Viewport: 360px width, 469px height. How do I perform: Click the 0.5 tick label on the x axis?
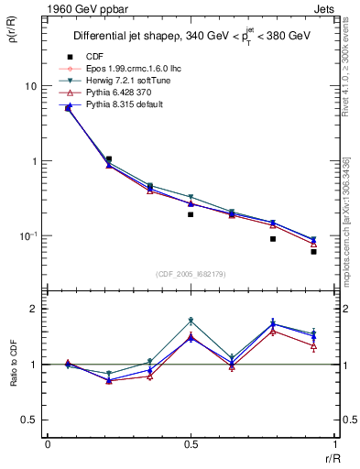coord(191,446)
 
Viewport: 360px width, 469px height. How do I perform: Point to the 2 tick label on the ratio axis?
coord(33,310)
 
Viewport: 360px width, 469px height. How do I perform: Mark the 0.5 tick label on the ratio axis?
coord(29,420)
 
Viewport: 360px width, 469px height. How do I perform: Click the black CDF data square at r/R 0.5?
coord(191,214)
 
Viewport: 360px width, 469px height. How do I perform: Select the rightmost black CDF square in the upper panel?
coord(313,251)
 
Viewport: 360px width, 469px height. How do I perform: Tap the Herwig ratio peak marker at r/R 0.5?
coord(191,321)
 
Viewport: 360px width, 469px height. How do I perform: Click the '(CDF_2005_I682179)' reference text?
coord(191,272)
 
